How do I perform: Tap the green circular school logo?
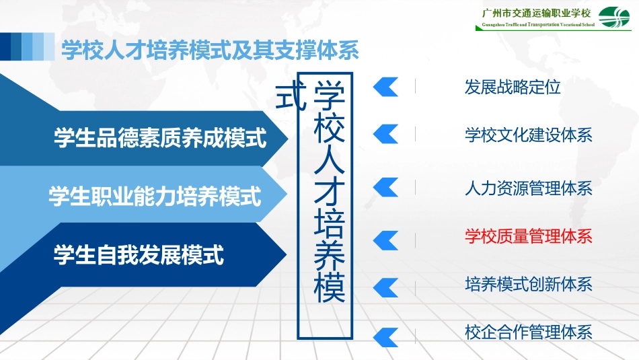615,18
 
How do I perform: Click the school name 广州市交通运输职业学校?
536,13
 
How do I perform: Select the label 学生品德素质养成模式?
160,139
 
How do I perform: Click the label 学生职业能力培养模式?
155,196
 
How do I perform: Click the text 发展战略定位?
513,87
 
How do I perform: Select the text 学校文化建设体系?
528,135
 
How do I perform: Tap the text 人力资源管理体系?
528,188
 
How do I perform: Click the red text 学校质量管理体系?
528,236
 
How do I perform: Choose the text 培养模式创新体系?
528,284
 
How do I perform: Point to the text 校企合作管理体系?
528,332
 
